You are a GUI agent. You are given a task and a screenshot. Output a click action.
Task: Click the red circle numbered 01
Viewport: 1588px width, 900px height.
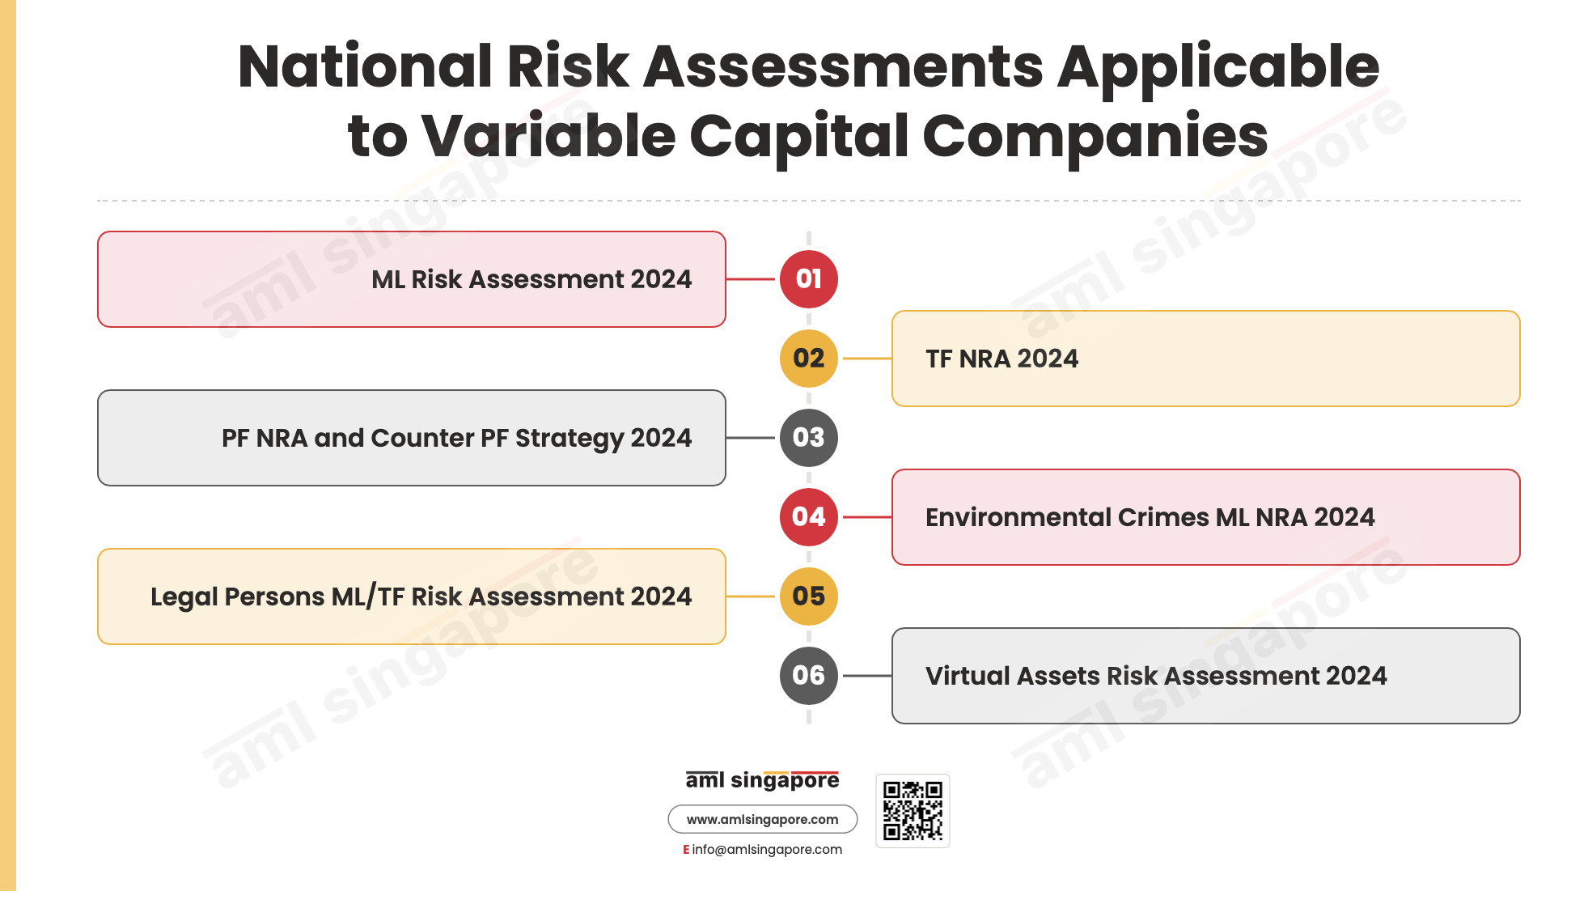click(808, 279)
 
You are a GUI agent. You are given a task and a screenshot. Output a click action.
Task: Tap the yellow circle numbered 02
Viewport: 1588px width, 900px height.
click(808, 359)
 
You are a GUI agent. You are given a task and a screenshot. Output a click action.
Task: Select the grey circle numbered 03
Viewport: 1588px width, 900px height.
click(808, 438)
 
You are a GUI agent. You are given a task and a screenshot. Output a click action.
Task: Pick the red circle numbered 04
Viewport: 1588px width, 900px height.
click(808, 517)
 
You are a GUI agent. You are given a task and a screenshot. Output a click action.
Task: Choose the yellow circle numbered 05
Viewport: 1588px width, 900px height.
click(808, 596)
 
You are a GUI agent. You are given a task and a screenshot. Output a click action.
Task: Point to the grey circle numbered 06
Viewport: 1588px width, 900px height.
click(808, 676)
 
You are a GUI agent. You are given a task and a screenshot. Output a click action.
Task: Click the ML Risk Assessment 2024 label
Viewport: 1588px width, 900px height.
click(531, 279)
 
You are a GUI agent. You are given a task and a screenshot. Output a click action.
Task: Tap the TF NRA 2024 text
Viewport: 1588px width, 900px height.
click(1001, 359)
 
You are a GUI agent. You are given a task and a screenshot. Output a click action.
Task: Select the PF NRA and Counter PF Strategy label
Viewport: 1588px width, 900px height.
click(456, 439)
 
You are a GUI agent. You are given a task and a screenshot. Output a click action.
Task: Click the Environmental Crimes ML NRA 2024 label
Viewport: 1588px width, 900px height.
click(1150, 517)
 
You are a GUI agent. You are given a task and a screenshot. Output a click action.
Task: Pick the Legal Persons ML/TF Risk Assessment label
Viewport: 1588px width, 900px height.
click(421, 597)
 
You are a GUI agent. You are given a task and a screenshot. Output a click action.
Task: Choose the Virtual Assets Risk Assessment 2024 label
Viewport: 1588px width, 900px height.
click(1156, 676)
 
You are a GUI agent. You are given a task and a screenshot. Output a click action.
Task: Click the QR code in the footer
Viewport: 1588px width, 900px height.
click(913, 811)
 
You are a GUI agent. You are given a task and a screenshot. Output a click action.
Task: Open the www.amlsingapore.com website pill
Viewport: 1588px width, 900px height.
click(762, 819)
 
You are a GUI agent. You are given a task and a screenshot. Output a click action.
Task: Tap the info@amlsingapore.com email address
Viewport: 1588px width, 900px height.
click(767, 849)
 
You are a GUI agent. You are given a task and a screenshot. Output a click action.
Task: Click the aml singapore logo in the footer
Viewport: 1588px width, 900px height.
click(762, 780)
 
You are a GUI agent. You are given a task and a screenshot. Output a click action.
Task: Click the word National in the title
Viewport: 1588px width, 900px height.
click(365, 66)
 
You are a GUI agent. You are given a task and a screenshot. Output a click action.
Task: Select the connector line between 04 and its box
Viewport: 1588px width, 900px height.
click(867, 517)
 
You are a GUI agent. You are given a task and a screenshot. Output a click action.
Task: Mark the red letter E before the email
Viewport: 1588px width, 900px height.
click(686, 849)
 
